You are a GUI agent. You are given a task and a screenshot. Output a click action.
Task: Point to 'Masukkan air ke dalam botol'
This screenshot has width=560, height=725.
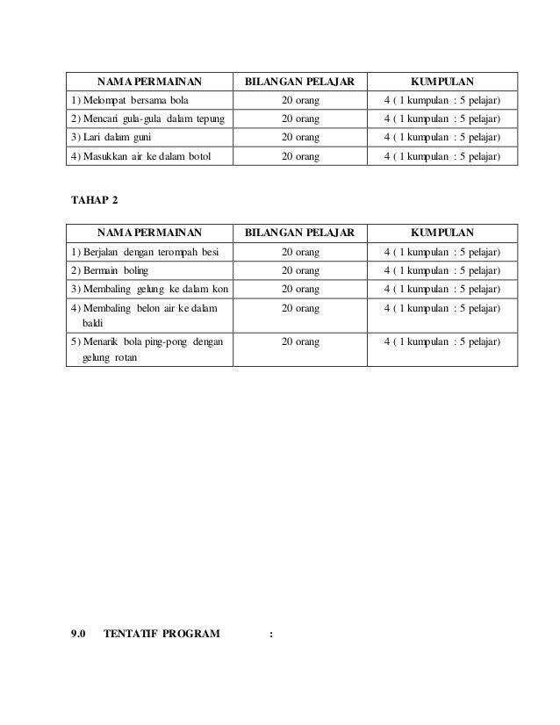tap(140, 155)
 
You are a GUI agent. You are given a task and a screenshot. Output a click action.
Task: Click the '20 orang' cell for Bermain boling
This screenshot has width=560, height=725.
tap(300, 270)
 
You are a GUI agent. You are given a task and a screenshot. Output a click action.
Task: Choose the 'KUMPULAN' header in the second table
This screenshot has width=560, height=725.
tap(442, 233)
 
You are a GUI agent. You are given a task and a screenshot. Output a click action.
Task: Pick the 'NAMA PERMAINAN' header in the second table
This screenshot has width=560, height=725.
tap(149, 233)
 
